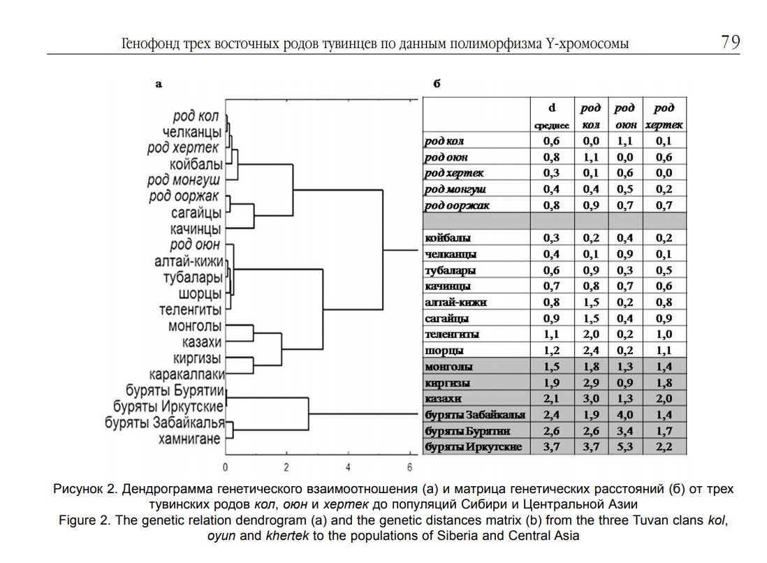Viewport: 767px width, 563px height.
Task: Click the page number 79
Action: pos(730,43)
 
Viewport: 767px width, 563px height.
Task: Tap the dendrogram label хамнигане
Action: pos(189,439)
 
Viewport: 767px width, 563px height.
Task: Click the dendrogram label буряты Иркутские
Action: pos(168,407)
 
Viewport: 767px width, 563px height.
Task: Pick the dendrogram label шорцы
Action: pos(200,294)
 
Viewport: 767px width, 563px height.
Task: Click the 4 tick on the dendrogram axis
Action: pos(348,467)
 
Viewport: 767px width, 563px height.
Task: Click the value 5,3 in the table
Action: pos(625,446)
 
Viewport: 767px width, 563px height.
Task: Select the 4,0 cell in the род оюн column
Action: pos(625,415)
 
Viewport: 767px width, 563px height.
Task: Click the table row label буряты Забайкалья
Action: pos(475,415)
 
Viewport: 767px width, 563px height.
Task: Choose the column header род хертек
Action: pos(664,116)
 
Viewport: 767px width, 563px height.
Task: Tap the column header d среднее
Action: pos(552,116)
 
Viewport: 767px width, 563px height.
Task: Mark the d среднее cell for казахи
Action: pos(552,399)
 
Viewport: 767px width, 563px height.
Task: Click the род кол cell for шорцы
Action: pos(591,351)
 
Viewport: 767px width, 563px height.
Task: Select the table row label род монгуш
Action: pos(455,189)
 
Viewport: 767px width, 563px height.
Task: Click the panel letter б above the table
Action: pos(437,84)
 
